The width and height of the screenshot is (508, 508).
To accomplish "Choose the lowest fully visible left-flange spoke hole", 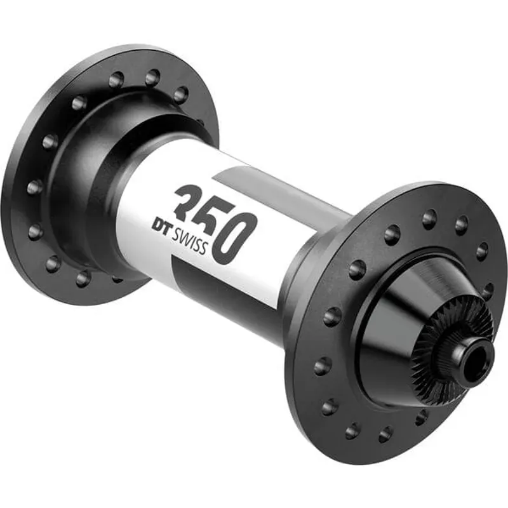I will (x=83, y=278).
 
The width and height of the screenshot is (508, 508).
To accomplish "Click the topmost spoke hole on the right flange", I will (x=429, y=218).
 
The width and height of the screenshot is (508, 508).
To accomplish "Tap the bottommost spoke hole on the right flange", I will (x=385, y=434).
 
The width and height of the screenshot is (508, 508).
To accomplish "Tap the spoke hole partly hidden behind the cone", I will (x=422, y=417).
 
